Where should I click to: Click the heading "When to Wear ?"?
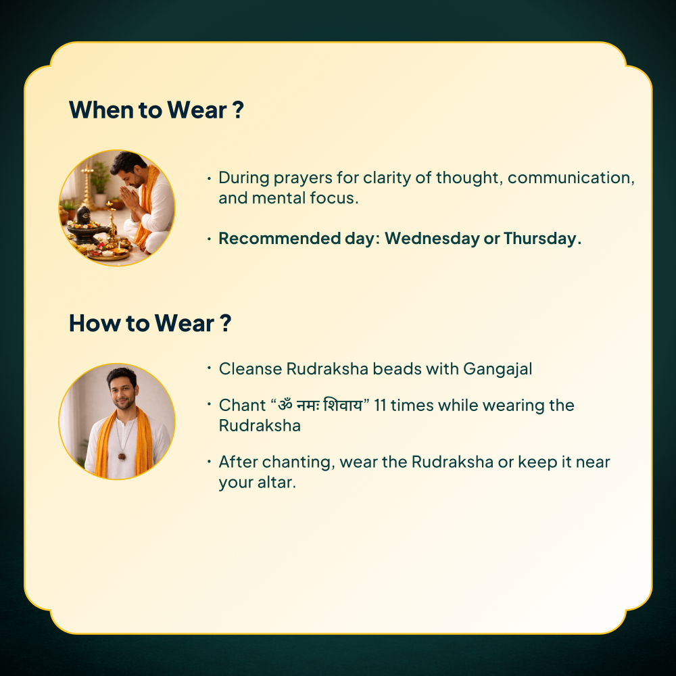coord(157,110)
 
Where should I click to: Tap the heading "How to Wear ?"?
coord(150,323)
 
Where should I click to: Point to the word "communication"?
coord(569,178)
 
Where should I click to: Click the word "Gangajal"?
coord(498,370)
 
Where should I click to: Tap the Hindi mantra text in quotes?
coord(320,405)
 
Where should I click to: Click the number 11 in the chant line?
coord(379,406)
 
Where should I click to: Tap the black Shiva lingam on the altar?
coord(83,216)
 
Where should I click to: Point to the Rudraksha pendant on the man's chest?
coord(122,456)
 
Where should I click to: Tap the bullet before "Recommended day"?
coord(209,239)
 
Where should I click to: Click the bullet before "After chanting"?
coord(209,462)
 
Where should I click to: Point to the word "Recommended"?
coord(280,239)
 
